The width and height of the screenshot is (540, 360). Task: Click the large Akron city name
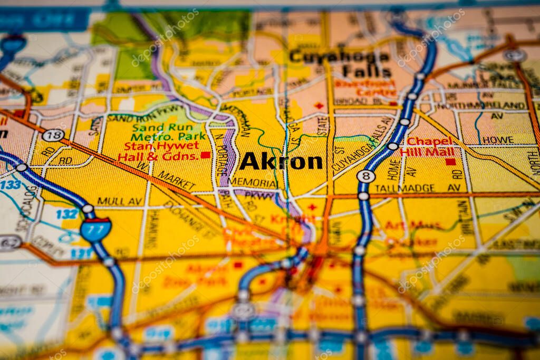(281, 162)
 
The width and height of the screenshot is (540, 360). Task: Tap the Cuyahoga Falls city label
(340, 63)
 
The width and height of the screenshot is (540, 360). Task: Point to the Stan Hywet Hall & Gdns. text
(158, 151)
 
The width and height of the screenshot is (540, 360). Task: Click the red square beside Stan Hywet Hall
(205, 155)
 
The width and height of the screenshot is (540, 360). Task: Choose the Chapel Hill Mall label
(430, 147)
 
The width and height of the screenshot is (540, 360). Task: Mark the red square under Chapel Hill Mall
(450, 162)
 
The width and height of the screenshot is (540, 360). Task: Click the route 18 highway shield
(53, 135)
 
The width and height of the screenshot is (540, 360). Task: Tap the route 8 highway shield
(365, 176)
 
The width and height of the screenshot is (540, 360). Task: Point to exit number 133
(11, 184)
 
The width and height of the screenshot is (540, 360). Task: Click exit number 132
(67, 214)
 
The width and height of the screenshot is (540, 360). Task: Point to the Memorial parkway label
(253, 182)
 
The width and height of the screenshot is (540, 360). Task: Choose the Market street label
(177, 181)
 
